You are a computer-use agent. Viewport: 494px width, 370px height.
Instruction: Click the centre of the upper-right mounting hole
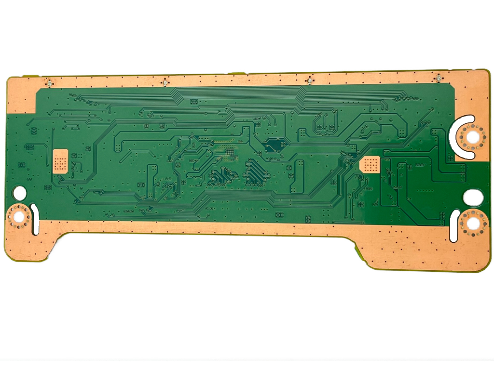[x=471, y=136]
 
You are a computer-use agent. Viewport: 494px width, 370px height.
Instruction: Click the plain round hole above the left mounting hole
[x=20, y=193]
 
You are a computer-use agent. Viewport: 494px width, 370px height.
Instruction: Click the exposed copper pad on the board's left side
[x=60, y=160]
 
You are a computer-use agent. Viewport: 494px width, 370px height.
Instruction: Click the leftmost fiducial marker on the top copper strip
[x=49, y=83]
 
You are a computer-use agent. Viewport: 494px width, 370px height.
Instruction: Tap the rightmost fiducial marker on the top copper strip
[x=438, y=78]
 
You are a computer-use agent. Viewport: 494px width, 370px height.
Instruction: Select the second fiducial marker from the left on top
[x=165, y=83]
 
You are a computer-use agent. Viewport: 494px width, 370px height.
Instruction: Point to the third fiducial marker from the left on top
[x=308, y=80]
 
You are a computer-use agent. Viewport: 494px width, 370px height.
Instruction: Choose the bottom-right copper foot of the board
[x=425, y=253]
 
